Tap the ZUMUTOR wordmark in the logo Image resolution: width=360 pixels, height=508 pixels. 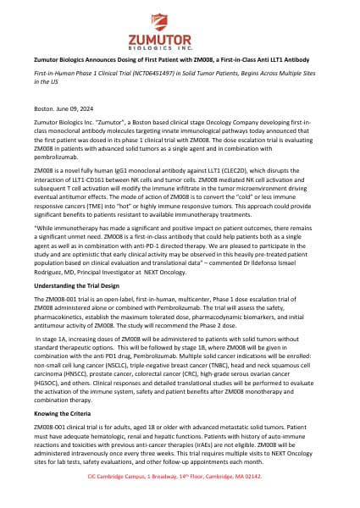[x=180, y=39]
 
